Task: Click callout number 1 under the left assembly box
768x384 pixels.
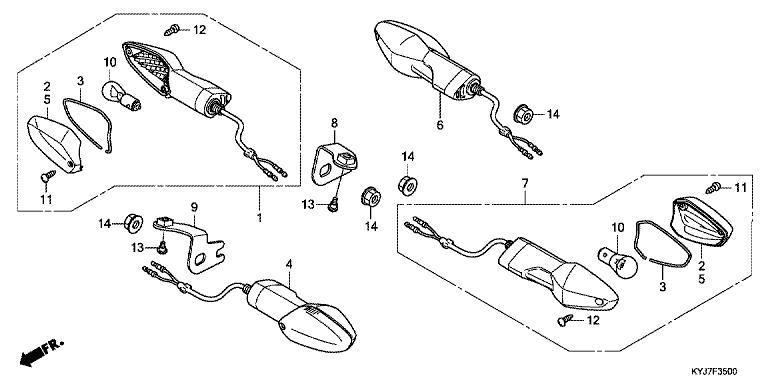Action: [x=260, y=217]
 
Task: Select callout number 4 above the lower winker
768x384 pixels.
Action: [x=289, y=264]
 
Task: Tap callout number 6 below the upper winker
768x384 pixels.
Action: [x=440, y=125]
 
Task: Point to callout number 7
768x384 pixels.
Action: [x=525, y=184]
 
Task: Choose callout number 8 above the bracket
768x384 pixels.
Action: [x=335, y=122]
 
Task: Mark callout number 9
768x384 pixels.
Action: [x=194, y=208]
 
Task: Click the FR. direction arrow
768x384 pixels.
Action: [x=42, y=352]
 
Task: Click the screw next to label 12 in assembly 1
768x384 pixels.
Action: [x=171, y=31]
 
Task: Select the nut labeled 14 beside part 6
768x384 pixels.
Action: [x=523, y=114]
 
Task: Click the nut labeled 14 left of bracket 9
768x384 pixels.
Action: [x=133, y=223]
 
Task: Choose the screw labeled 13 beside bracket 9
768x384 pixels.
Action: [x=162, y=247]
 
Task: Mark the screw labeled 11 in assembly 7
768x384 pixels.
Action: [x=713, y=187]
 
